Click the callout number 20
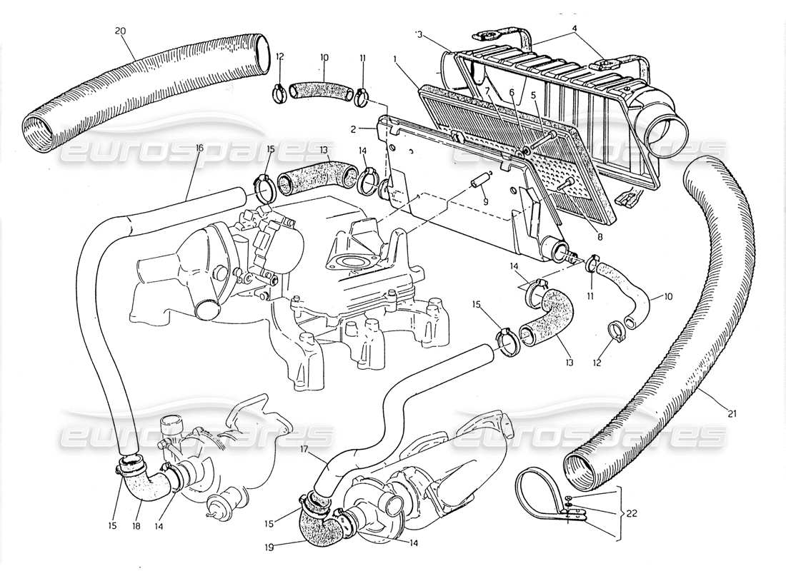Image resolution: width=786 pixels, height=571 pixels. [120, 31]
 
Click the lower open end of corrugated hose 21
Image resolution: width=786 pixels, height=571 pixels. [582, 469]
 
